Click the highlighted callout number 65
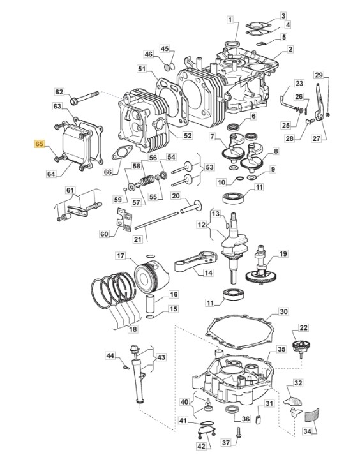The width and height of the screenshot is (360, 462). [x=40, y=144]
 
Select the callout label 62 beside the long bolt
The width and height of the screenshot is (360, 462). [x=59, y=92]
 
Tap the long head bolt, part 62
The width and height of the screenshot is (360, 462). [x=84, y=98]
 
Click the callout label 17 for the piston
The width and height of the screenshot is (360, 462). [x=120, y=256]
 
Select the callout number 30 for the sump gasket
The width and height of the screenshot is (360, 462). [x=283, y=311]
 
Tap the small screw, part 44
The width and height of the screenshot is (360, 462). [x=126, y=367]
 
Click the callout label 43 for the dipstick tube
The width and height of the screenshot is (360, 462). [x=161, y=357]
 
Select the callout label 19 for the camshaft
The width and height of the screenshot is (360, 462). [x=283, y=254]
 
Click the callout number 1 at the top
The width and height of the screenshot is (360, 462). [x=230, y=20]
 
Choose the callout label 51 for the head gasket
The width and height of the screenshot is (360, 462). [x=142, y=70]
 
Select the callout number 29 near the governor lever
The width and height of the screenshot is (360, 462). [x=319, y=75]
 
